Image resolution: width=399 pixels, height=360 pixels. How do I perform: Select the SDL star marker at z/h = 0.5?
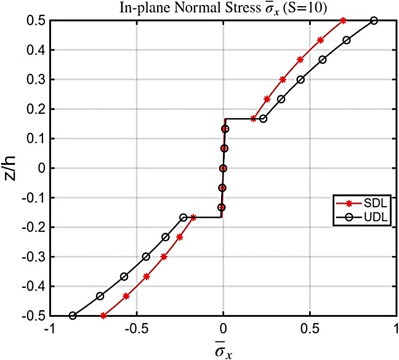343,20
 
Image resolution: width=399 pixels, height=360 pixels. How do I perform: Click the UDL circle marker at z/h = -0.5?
73,316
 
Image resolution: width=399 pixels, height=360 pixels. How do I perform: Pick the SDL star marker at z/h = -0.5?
103,316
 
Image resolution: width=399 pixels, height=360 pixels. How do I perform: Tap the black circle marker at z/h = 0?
223,168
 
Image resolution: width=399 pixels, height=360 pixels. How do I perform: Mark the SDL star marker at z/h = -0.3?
164,257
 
